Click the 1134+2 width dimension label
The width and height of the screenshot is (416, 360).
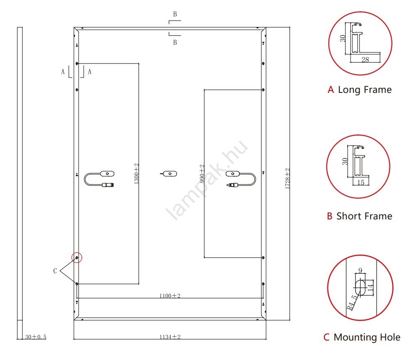(170, 337)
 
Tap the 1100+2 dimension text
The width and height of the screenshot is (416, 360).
(170, 296)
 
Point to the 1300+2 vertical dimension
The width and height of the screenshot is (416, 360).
(136, 173)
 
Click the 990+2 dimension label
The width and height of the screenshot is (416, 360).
(202, 174)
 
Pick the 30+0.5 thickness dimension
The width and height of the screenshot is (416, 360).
(36, 337)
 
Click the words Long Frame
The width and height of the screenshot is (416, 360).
(365, 90)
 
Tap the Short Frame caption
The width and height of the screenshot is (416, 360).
(364, 216)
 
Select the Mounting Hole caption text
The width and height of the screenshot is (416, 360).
(367, 337)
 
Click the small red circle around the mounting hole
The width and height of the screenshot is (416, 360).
(77, 258)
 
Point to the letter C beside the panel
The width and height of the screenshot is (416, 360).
(55, 271)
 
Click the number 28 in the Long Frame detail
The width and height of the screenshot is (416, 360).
(365, 60)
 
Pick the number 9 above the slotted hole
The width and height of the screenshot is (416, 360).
(360, 271)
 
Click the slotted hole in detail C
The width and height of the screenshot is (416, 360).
(360, 287)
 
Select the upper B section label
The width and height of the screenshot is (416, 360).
(175, 14)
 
